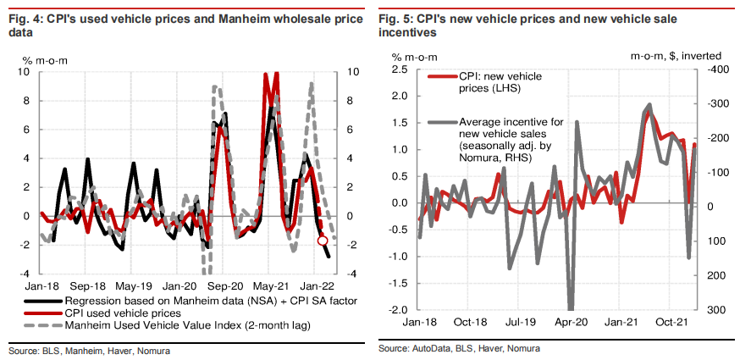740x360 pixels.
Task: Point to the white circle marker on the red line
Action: tap(323, 241)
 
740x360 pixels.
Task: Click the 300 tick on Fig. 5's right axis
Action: tap(715, 310)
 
